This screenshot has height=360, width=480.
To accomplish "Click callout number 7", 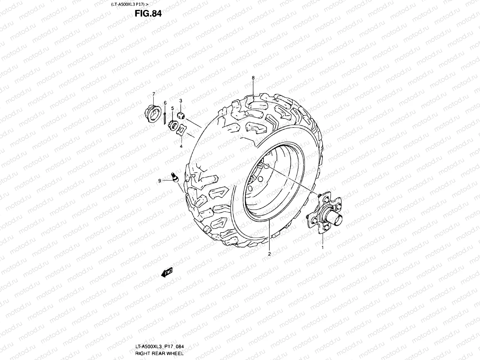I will (x=154, y=94).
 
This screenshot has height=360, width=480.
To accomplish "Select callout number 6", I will (x=165, y=103).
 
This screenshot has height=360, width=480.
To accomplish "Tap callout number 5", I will (x=172, y=108).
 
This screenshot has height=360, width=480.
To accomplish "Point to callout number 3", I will (x=181, y=100).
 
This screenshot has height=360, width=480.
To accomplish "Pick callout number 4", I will (x=181, y=146).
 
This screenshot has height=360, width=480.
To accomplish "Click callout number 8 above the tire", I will (x=253, y=78).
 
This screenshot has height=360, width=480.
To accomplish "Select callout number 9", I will (x=160, y=181).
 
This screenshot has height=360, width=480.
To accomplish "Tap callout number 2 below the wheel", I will (x=269, y=254).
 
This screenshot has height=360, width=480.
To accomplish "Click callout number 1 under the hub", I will (x=322, y=247).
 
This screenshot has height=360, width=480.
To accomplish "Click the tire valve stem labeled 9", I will (x=175, y=177).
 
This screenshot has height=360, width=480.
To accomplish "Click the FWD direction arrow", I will (x=167, y=272).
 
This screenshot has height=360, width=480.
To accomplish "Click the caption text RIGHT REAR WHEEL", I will (x=157, y=353).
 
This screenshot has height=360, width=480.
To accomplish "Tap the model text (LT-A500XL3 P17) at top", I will (x=130, y=4).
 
